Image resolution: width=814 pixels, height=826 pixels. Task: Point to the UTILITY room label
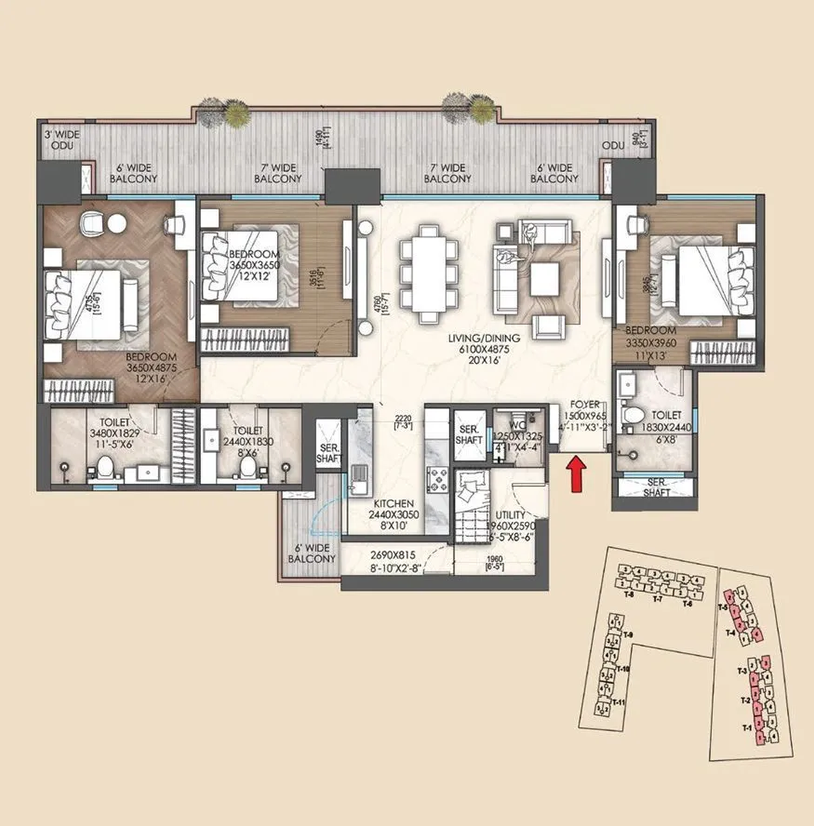coord(512,514)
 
